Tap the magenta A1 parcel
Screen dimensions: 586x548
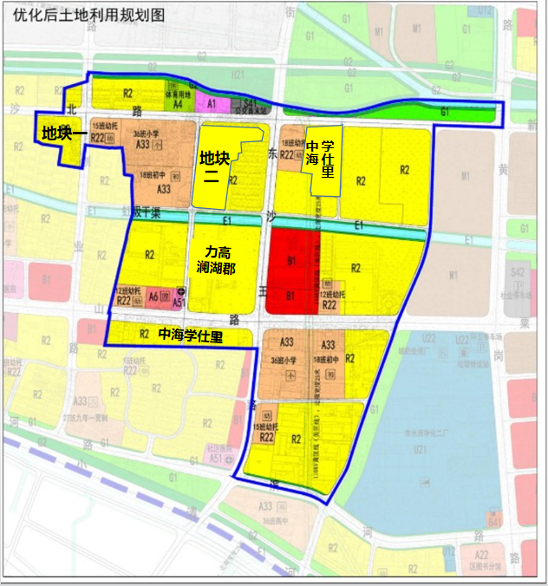[211, 102]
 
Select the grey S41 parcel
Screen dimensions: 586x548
[249, 102]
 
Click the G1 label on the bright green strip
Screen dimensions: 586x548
[445, 112]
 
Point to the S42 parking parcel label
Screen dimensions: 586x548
[518, 273]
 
